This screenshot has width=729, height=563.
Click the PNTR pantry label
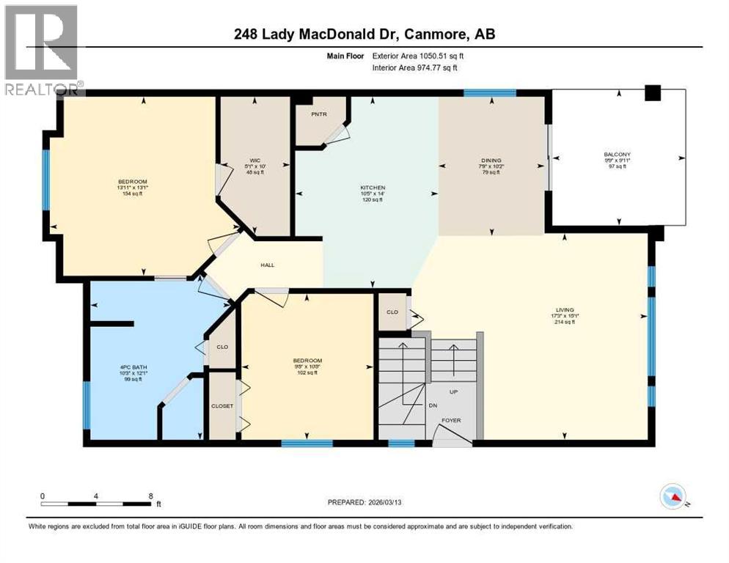pos(318,114)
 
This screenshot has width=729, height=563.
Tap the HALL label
pos(268,265)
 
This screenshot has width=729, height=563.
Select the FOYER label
pos(450,421)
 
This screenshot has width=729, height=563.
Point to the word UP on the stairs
pos(453,392)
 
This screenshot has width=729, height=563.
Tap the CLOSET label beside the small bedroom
pos(221,405)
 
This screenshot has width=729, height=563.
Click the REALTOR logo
pos(43,50)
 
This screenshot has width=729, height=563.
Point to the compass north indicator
pos(673,497)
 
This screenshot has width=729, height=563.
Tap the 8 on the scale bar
pos(150,496)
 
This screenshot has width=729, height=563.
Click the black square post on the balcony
pos(652,93)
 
